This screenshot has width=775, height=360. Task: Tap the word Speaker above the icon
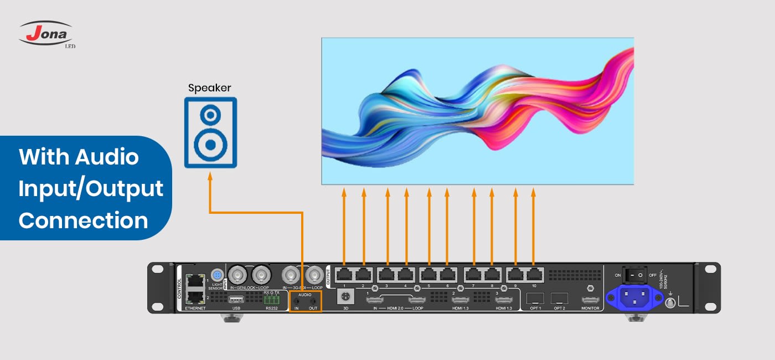(x=209, y=88)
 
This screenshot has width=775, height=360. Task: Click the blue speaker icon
(x=210, y=132)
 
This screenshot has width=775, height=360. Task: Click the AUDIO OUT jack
(x=313, y=301)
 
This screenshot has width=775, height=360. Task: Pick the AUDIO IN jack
(x=297, y=301)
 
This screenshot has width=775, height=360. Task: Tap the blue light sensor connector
(x=217, y=275)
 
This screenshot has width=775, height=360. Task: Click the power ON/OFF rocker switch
(x=633, y=274)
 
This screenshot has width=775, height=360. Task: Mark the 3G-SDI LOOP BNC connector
(x=315, y=274)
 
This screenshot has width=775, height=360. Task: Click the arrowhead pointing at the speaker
(x=210, y=176)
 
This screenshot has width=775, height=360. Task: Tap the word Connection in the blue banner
(x=84, y=220)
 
